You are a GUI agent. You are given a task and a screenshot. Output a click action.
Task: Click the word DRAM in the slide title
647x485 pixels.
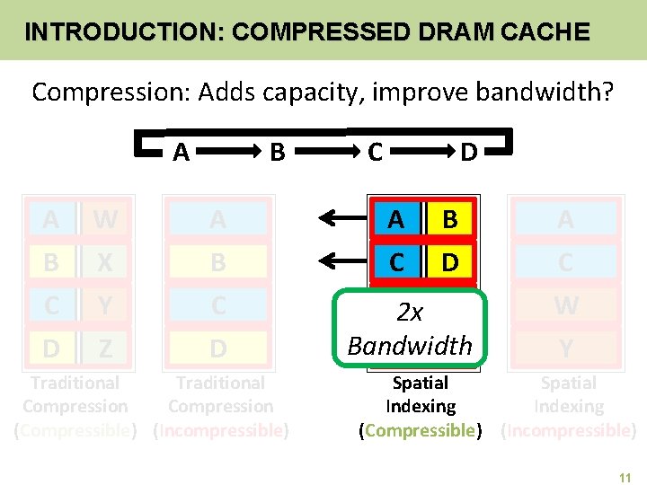click(x=434, y=33)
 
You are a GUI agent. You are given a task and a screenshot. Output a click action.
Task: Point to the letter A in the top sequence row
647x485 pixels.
click(x=181, y=153)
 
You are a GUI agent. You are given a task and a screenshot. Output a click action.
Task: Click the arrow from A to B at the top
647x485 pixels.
click(x=231, y=153)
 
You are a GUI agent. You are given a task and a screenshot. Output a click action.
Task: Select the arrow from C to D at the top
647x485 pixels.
click(x=418, y=153)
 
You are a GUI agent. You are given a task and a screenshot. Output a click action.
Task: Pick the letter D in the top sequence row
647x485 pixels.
click(x=468, y=153)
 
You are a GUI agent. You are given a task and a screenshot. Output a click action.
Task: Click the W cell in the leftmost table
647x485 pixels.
click(x=105, y=219)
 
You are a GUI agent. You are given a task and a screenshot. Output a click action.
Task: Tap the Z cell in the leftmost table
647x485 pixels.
click(x=105, y=347)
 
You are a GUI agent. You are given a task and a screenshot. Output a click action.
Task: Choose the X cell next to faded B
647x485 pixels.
click(x=105, y=262)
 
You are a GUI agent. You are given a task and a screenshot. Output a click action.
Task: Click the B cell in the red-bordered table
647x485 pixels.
click(x=450, y=219)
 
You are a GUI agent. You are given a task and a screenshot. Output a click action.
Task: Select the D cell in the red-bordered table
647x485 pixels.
click(x=450, y=262)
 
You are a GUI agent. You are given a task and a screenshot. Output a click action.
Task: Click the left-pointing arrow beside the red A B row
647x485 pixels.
click(x=341, y=219)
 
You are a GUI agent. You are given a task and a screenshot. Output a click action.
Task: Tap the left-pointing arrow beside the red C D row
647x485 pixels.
click(x=341, y=261)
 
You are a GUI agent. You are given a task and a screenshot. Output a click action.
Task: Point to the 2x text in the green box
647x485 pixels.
click(x=410, y=313)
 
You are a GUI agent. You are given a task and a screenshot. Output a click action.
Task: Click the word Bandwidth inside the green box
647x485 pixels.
click(x=410, y=345)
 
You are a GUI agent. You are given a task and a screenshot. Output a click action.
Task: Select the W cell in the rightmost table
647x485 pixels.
click(x=565, y=305)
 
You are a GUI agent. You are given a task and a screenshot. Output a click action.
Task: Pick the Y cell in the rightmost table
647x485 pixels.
click(x=565, y=347)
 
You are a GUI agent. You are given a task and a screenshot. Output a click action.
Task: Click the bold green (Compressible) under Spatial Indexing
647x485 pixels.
click(x=421, y=431)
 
